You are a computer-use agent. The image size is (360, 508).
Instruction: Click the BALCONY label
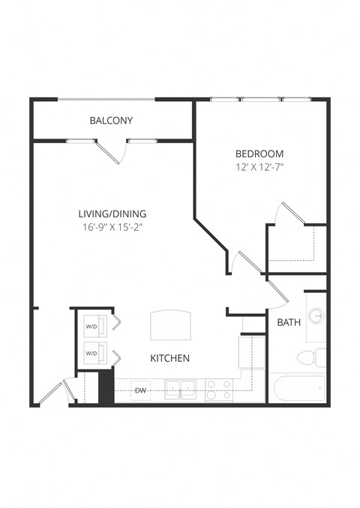point(111,120)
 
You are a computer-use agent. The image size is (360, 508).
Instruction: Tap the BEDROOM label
point(258,154)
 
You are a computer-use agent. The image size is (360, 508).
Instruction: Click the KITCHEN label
point(169,358)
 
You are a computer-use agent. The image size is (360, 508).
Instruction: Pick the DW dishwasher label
point(140,390)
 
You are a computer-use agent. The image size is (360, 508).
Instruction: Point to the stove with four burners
point(219,390)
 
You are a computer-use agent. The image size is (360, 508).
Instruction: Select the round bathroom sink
point(317,316)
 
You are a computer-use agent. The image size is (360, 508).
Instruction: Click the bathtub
point(297,389)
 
